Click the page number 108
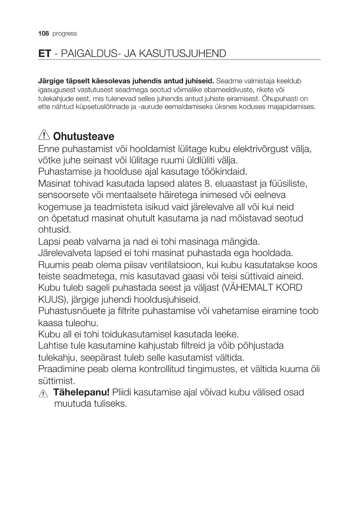44,34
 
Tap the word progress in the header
65,34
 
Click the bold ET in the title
45,54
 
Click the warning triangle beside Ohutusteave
44,135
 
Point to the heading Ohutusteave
84,136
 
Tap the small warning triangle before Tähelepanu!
43,394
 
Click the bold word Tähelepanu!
81,392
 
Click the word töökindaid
224,172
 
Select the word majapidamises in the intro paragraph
291,107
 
